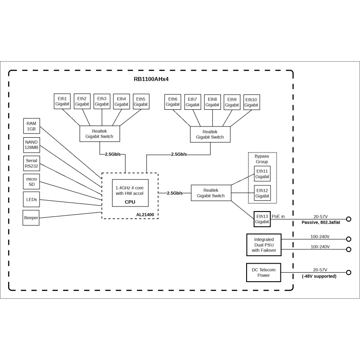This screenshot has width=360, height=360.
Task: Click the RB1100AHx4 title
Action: coord(151,79)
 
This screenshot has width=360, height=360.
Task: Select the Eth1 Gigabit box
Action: coord(62,101)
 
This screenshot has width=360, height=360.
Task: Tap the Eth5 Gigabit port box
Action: coord(141,101)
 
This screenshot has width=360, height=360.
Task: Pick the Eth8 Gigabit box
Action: coord(212,102)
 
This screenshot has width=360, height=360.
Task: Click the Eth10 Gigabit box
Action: coord(252,102)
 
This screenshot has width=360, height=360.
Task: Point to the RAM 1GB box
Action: coord(31,126)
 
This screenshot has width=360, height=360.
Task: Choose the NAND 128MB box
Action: coord(31,145)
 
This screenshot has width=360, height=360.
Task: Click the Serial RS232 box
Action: coord(31,163)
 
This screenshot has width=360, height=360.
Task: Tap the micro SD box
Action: coord(31,182)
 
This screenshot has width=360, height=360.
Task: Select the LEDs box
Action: coord(31,199)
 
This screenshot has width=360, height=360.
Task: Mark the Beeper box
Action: coord(31,218)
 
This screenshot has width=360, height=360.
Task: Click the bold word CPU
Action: coord(130,202)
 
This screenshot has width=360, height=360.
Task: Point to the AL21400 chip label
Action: coord(145,215)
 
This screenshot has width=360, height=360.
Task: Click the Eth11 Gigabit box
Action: coord(262,174)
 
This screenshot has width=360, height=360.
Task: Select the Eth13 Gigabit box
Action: coord(262,219)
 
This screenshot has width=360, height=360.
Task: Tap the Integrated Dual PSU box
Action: coord(264,245)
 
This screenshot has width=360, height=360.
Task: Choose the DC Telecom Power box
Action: coord(264,273)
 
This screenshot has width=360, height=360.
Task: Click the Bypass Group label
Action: coord(262,159)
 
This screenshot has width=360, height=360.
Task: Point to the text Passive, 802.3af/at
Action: coord(321,222)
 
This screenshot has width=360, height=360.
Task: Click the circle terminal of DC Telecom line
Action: coord(348,273)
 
